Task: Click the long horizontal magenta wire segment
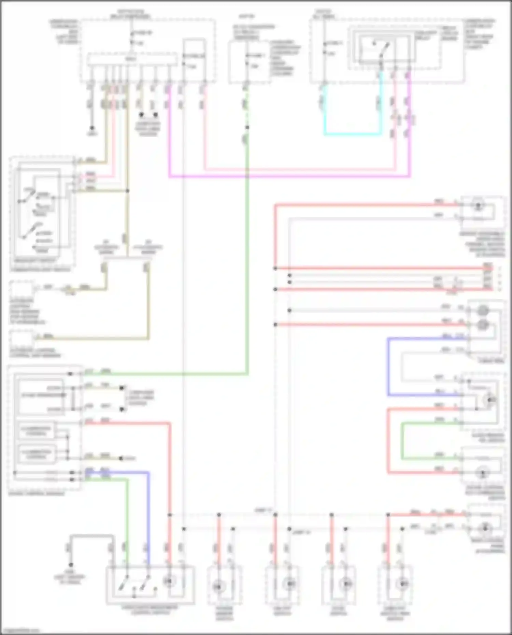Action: click(x=290, y=177)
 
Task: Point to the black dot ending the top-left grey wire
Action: click(x=92, y=128)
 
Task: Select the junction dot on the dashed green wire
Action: click(x=247, y=127)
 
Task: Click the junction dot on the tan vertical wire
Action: click(x=127, y=191)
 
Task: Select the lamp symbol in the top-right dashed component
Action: click(x=478, y=205)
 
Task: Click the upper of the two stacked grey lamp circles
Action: click(x=482, y=311)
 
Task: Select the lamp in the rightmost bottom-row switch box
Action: click(x=403, y=584)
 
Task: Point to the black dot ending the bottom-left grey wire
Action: click(x=71, y=565)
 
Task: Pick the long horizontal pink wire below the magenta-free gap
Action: click(x=300, y=169)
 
